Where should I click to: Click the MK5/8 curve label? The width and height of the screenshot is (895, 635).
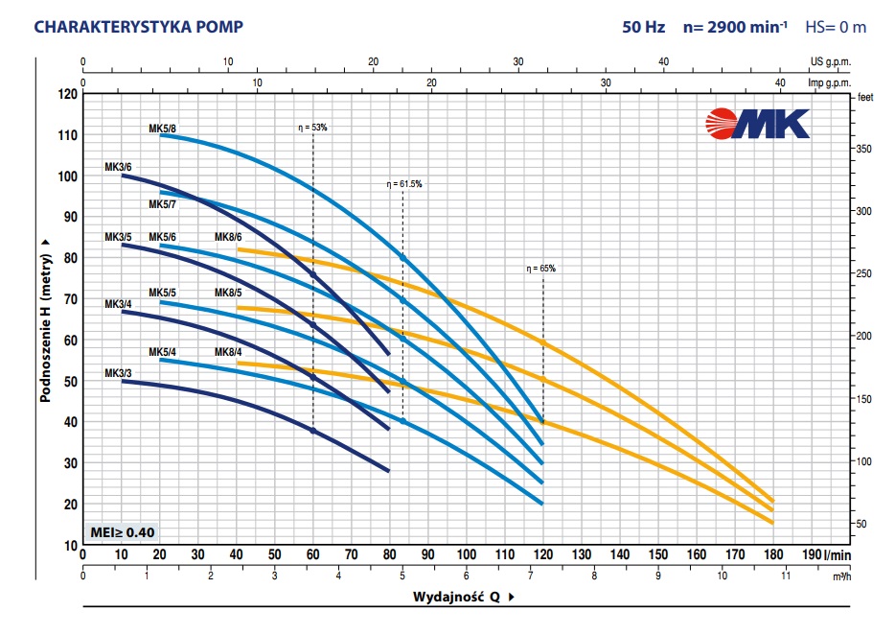pyautogui.click(x=162, y=129)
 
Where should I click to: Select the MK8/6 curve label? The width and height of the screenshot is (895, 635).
pyautogui.click(x=228, y=237)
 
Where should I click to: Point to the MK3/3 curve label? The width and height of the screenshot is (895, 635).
pyautogui.click(x=118, y=372)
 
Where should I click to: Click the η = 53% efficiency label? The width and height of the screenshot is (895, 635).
pyautogui.click(x=312, y=127)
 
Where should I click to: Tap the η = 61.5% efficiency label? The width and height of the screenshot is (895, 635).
pyautogui.click(x=403, y=183)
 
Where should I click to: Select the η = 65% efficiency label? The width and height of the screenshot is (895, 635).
pyautogui.click(x=540, y=269)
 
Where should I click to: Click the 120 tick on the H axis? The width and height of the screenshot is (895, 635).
pyautogui.click(x=66, y=94)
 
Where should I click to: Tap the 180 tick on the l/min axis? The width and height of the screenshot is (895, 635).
pyautogui.click(x=773, y=554)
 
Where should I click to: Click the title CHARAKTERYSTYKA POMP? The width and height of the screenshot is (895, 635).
pyautogui.click(x=125, y=26)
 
